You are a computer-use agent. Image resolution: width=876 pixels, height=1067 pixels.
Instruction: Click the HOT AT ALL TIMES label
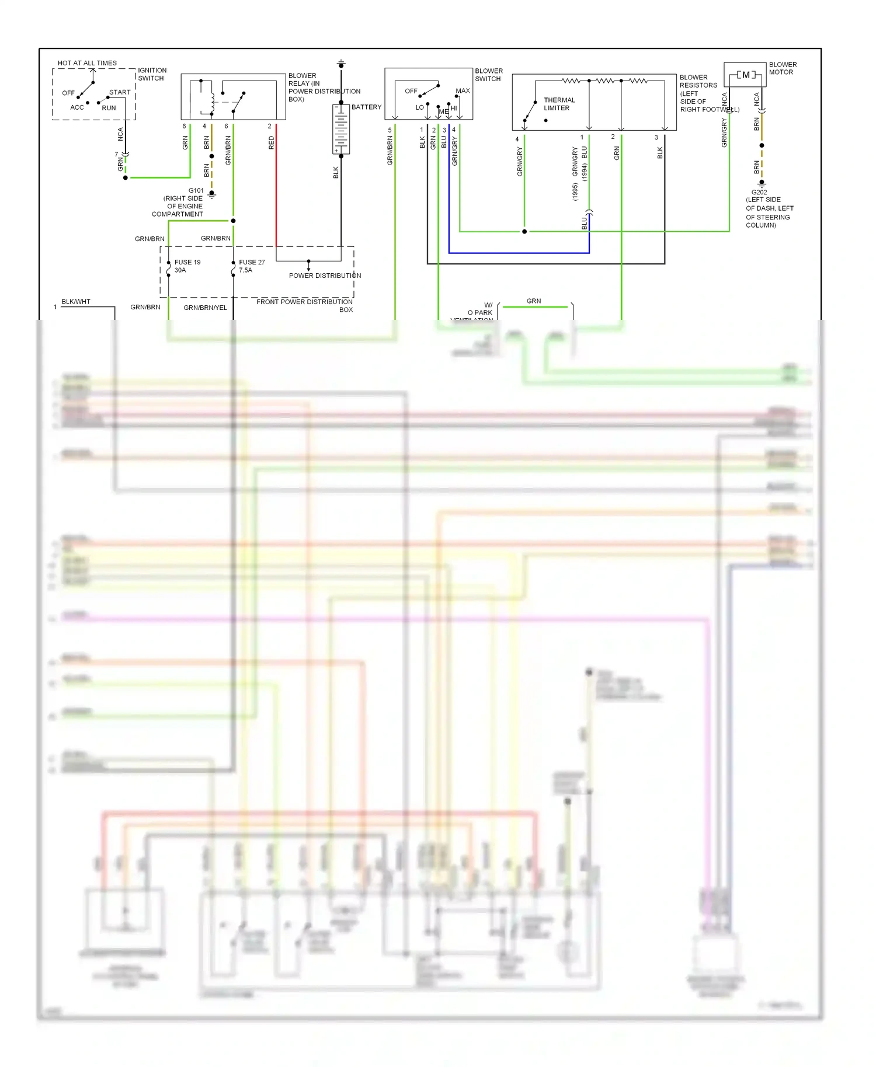(87, 63)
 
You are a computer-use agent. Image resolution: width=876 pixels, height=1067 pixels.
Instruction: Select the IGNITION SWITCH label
(152, 74)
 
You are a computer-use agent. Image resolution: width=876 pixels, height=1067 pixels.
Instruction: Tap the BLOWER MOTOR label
(782, 68)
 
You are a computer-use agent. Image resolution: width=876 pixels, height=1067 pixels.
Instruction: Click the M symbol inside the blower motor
(746, 75)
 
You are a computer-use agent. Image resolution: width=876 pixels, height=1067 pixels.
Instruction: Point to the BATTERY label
(366, 107)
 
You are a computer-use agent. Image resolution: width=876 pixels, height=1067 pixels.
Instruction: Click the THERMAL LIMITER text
(559, 104)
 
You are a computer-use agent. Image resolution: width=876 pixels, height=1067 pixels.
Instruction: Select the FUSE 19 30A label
(187, 266)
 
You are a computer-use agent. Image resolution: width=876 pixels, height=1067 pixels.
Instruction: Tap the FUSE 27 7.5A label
(252, 266)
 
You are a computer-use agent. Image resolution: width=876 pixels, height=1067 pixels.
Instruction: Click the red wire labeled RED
(276, 187)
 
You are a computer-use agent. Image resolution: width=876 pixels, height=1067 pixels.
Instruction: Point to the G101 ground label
(196, 191)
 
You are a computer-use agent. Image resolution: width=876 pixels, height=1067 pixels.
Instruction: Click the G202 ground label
(759, 192)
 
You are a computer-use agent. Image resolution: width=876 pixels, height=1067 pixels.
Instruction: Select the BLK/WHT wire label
(76, 302)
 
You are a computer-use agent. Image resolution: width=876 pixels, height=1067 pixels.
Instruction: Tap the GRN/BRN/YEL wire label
(205, 308)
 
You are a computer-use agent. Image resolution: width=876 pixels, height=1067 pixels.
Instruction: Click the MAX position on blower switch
(463, 91)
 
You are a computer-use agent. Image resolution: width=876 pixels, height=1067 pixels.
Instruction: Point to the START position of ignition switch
(120, 92)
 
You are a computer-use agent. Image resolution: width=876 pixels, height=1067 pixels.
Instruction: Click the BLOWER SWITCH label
(488, 75)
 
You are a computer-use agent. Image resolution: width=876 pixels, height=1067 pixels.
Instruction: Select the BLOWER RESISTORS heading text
(698, 81)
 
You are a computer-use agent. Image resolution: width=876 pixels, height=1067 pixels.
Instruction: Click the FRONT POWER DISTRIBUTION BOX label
(305, 305)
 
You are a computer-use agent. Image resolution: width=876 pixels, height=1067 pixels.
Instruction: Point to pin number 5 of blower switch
(390, 130)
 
